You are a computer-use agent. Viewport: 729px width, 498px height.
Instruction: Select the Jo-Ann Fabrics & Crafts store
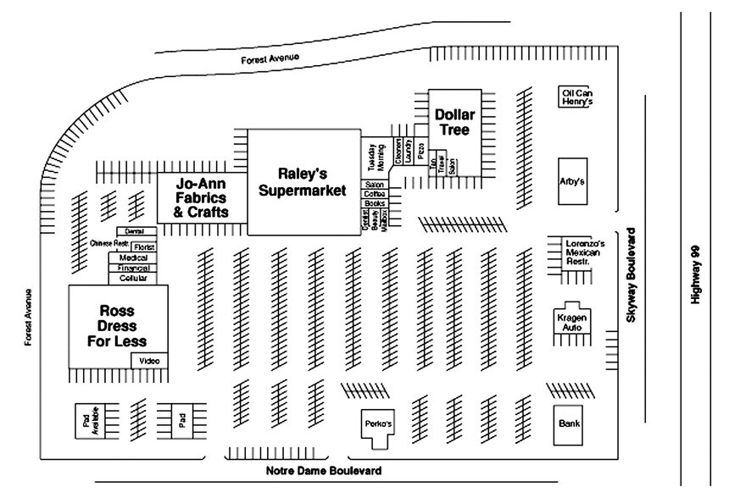201,198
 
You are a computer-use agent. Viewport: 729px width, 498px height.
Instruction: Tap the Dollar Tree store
454,123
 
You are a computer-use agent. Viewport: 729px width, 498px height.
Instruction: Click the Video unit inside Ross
149,361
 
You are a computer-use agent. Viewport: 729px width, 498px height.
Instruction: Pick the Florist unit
142,246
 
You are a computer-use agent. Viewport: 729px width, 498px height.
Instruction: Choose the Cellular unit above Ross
133,278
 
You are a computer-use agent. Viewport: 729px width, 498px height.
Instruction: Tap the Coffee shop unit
374,194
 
